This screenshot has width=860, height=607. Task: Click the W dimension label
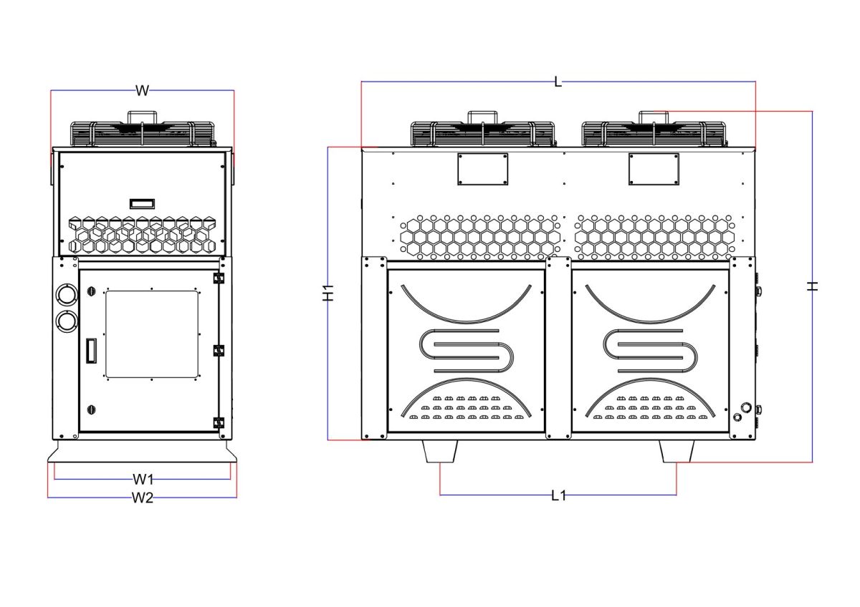(142, 91)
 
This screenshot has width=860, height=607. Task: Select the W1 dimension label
(143, 479)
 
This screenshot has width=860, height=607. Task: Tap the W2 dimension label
(143, 497)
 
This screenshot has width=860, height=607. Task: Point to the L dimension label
(558, 82)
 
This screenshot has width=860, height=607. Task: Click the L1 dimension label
(558, 496)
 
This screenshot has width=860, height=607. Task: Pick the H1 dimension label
(328, 293)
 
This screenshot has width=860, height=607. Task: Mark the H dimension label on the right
(812, 286)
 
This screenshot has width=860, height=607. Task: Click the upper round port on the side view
(67, 295)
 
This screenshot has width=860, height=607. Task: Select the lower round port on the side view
(67, 321)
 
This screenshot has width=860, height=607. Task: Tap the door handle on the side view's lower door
(92, 351)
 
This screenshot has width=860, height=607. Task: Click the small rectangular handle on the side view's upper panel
(142, 203)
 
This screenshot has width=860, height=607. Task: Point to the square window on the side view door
(152, 334)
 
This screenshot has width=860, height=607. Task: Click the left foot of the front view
(440, 451)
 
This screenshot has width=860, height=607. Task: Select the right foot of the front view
(677, 451)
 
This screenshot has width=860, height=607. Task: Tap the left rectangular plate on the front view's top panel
(482, 169)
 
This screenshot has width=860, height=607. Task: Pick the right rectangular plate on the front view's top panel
(654, 169)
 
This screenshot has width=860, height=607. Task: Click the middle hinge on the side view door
(219, 351)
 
